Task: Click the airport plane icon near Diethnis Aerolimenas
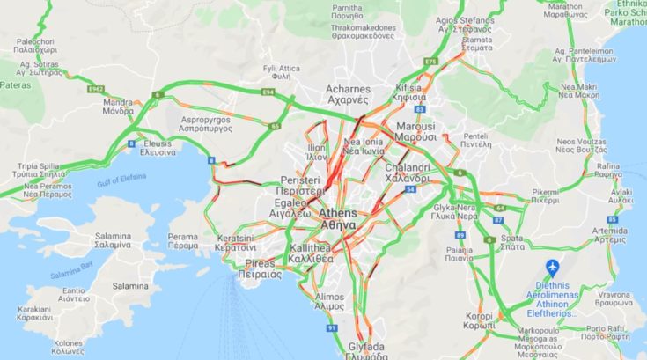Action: point(553,267)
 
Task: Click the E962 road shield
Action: point(97,88)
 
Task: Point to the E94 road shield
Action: point(268,91)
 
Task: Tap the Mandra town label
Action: point(117,107)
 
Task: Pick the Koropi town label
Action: point(480,320)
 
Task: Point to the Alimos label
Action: point(329,301)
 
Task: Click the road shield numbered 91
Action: point(332,328)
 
